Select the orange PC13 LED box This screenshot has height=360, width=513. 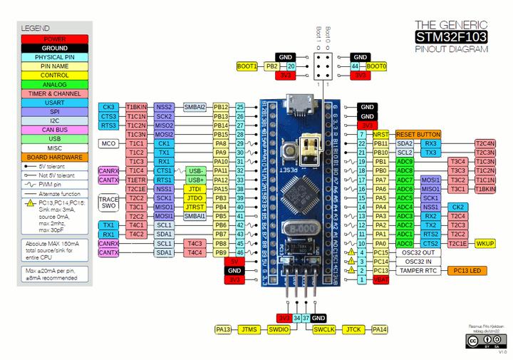(x=466, y=271)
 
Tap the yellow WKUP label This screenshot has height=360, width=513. (x=484, y=243)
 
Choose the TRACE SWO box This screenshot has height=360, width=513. (x=108, y=202)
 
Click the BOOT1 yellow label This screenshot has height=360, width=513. (x=247, y=66)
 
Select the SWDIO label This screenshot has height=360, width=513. (x=279, y=330)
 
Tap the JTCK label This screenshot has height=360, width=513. (x=353, y=330)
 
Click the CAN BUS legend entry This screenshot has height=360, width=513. (x=55, y=130)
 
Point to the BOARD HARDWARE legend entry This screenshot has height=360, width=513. (x=55, y=157)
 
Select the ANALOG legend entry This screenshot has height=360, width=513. (x=55, y=84)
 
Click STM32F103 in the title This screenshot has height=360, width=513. (x=452, y=37)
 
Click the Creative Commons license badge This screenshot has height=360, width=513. (x=481, y=341)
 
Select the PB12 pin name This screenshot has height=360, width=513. (x=221, y=107)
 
